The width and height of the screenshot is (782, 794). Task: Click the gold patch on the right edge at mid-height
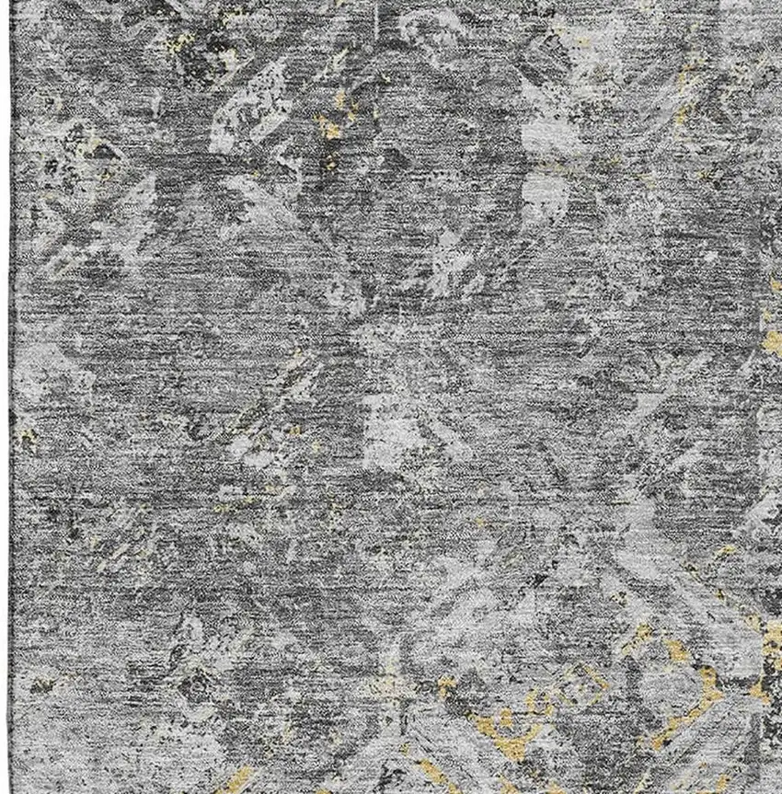pyautogui.click(x=771, y=342)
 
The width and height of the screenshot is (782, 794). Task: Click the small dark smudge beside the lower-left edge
pyautogui.click(x=41, y=685)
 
